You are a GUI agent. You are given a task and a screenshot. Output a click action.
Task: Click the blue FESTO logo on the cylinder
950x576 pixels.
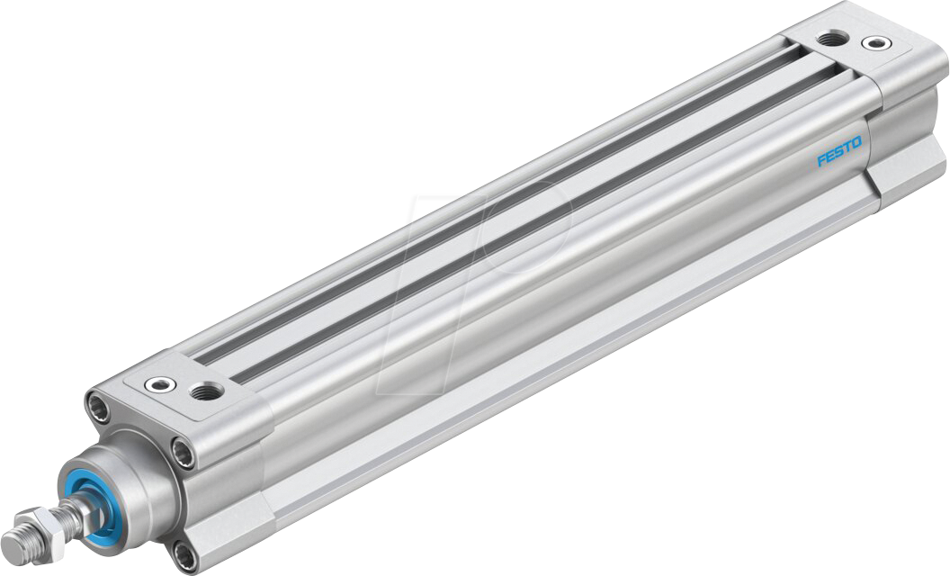point(838,150)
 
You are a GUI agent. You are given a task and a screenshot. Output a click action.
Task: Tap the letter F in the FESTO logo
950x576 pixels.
point(820,161)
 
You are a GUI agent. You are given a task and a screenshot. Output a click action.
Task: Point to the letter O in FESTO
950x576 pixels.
point(856,140)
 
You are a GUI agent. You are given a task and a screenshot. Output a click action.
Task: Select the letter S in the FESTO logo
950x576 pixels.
point(838,151)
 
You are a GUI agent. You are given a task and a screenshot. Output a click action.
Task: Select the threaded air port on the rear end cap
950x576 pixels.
point(832,39)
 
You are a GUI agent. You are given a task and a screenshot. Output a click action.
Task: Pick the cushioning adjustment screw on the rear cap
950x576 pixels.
point(872,42)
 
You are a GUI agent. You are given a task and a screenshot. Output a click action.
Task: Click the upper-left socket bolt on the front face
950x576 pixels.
point(97,406)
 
